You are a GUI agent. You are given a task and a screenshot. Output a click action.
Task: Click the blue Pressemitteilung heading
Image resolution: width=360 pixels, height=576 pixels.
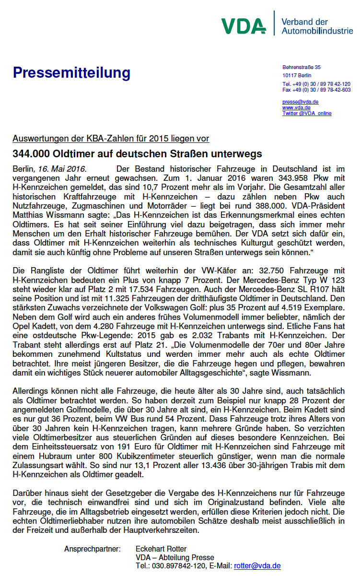tap(71, 73)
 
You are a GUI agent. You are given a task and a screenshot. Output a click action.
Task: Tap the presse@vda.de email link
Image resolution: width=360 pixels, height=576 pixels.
tap(301, 102)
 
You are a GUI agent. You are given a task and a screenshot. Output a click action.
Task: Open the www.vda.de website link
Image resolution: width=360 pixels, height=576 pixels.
tap(296, 107)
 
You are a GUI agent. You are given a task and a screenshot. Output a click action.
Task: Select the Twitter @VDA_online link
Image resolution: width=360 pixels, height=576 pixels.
tap(307, 113)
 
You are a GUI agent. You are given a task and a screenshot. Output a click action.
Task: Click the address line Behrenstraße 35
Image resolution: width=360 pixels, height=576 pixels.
tap(302, 67)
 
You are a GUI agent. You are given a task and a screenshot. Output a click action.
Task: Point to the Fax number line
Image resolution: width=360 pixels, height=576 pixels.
tap(316, 90)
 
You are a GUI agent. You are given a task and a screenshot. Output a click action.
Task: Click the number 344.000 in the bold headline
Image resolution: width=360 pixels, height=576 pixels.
tap(31, 154)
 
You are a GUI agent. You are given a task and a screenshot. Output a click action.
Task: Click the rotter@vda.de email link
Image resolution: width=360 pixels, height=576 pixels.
tap(257, 566)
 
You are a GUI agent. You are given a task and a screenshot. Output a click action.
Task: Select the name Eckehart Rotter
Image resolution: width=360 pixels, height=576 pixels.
tap(161, 549)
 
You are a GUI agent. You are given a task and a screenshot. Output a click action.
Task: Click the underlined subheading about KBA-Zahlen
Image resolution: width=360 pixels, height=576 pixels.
tap(111, 139)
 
